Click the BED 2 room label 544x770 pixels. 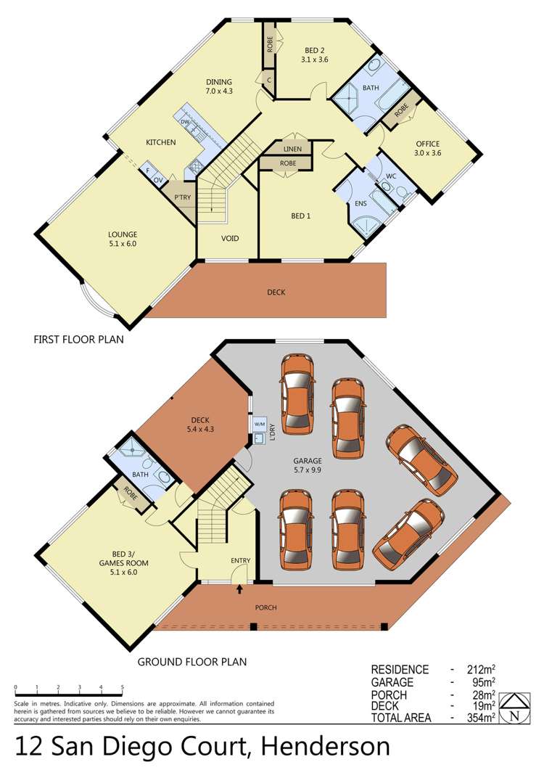[x=314, y=54]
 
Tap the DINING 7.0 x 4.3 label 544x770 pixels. [x=218, y=86]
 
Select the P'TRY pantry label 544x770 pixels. [x=182, y=197]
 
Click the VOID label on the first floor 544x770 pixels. [x=230, y=238]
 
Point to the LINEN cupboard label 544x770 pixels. [x=292, y=149]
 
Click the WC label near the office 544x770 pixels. [x=391, y=176]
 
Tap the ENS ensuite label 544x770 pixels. [x=360, y=203]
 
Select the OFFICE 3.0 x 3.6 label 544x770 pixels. [x=428, y=148]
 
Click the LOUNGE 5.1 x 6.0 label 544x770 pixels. [x=123, y=239]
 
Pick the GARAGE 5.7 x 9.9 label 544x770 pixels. [x=308, y=465]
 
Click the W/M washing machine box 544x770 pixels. [x=259, y=424]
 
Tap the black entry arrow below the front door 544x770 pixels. [x=239, y=589]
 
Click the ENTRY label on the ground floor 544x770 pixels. [x=241, y=560]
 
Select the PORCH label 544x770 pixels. [x=265, y=607]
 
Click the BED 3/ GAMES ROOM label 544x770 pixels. [x=124, y=563]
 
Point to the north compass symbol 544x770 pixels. [x=514, y=708]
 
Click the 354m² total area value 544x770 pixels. [x=481, y=718]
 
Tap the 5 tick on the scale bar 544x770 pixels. [x=122, y=687]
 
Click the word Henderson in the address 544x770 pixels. [x=326, y=747]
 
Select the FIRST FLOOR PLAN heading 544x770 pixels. [x=78, y=340]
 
